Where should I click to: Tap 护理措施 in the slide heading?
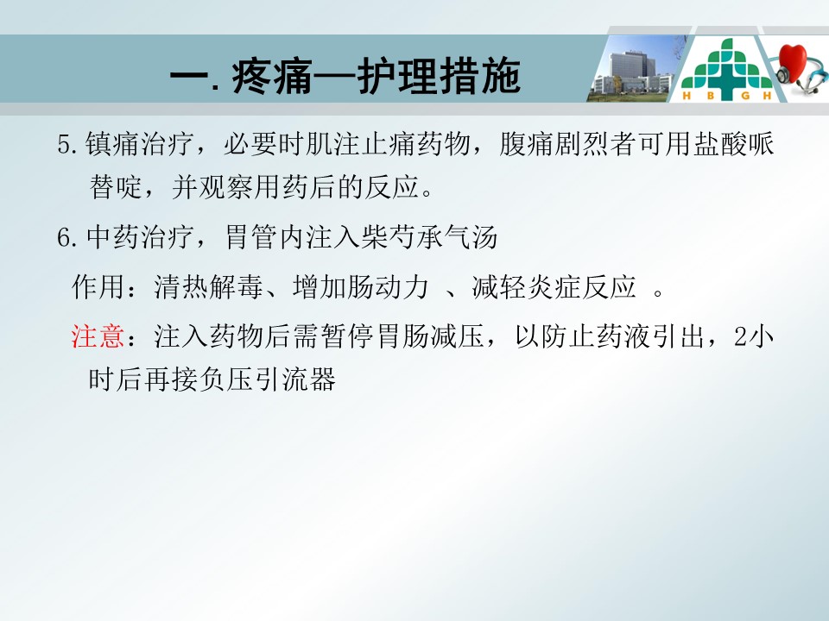click(439, 77)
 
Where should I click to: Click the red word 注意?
click(98, 336)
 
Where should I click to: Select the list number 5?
click(64, 144)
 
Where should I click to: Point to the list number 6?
click(64, 238)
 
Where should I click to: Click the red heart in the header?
click(792, 62)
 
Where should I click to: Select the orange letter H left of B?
click(687, 96)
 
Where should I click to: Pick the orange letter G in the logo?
click(745, 96)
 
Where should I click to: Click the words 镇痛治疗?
click(139, 144)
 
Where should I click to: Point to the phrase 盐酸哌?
click(734, 144)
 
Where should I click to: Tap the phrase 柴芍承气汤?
click(429, 237)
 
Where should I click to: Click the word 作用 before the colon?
click(98, 287)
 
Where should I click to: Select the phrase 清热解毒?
click(208, 287)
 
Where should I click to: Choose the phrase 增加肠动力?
click(361, 287)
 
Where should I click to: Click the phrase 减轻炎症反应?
click(554, 287)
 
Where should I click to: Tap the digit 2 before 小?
click(740, 336)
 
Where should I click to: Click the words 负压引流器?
click(268, 379)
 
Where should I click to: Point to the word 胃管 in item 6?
click(251, 237)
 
